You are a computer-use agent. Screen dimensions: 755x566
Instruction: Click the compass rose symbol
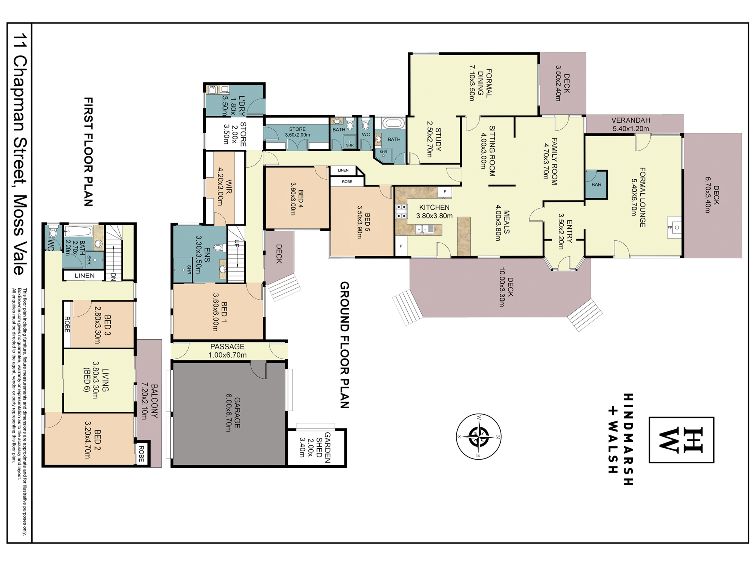(479, 437)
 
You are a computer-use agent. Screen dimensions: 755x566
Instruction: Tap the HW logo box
(681, 440)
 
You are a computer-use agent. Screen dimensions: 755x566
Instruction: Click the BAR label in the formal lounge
(596, 185)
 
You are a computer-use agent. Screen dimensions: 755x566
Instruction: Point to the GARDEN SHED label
(323, 448)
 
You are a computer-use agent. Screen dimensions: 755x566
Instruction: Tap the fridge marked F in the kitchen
(445, 192)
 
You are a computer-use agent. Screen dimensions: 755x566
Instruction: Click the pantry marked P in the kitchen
(401, 246)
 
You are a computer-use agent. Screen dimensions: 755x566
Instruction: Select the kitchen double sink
(425, 229)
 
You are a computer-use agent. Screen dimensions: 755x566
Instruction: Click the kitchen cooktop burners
(401, 211)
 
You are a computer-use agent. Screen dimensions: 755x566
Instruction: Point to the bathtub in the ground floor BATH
(393, 123)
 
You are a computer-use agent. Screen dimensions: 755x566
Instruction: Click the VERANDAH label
(631, 120)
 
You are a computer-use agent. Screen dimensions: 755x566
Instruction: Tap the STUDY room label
(438, 139)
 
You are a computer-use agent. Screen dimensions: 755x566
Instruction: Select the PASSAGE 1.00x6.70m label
(228, 351)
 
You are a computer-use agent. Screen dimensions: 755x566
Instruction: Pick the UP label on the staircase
(237, 244)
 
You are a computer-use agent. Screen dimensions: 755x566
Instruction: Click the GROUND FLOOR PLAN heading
(345, 345)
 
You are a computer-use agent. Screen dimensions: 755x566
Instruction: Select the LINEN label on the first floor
(85, 275)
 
